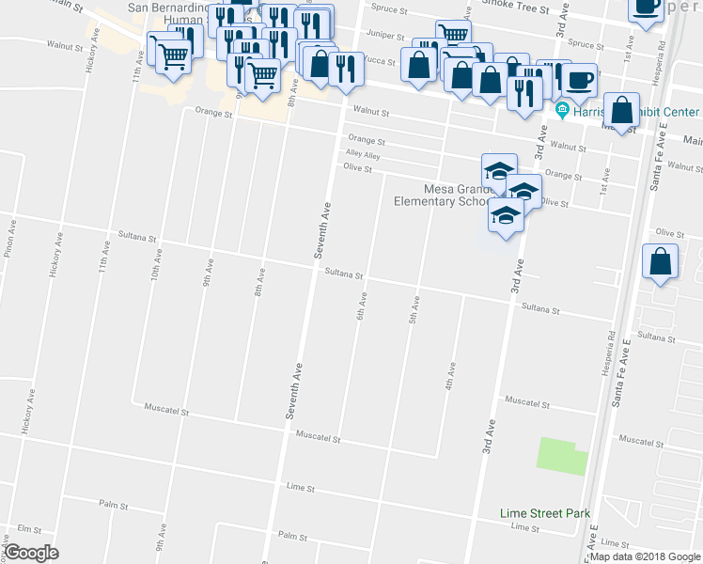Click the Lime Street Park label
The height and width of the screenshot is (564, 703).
(x=545, y=513)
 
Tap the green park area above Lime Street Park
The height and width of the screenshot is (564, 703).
(x=562, y=456)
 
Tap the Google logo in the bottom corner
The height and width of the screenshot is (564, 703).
(x=31, y=553)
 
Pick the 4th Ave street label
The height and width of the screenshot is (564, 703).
(x=451, y=376)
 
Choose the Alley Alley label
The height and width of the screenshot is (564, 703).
(x=362, y=155)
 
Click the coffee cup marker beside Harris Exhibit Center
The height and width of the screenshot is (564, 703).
(x=580, y=81)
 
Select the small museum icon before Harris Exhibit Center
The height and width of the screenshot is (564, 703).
(x=562, y=110)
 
